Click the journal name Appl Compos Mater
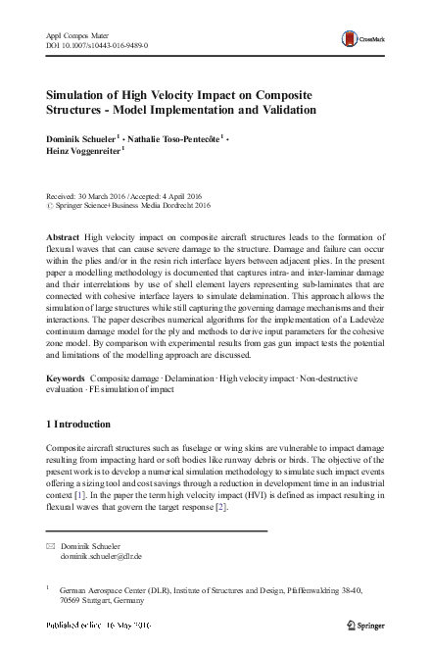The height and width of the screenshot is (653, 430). [79, 35]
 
